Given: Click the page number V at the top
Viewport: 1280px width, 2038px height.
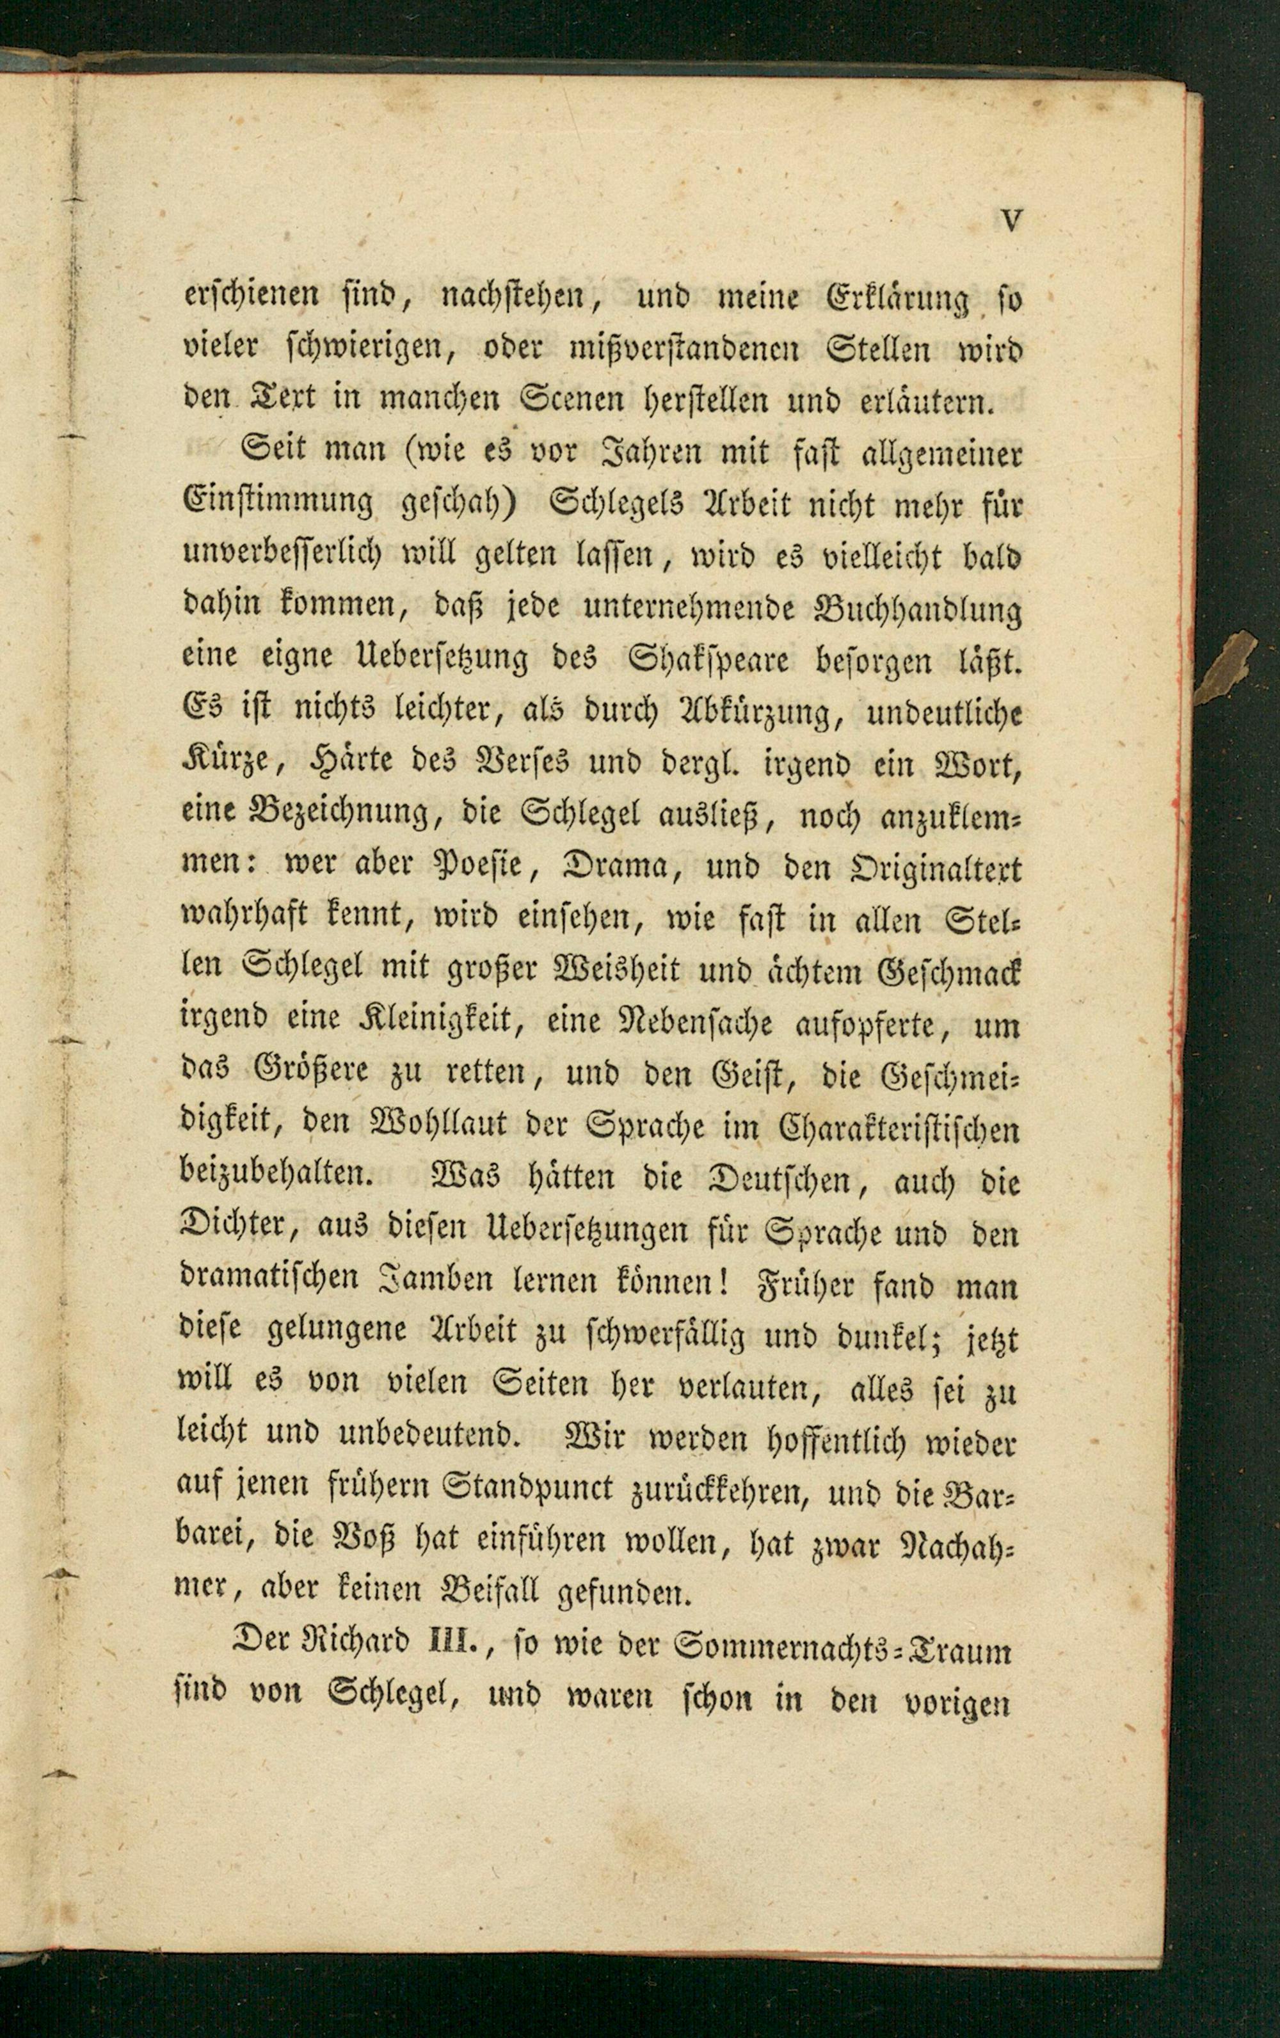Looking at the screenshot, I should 1011,221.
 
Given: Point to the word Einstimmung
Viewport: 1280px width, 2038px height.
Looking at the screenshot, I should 278,504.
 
